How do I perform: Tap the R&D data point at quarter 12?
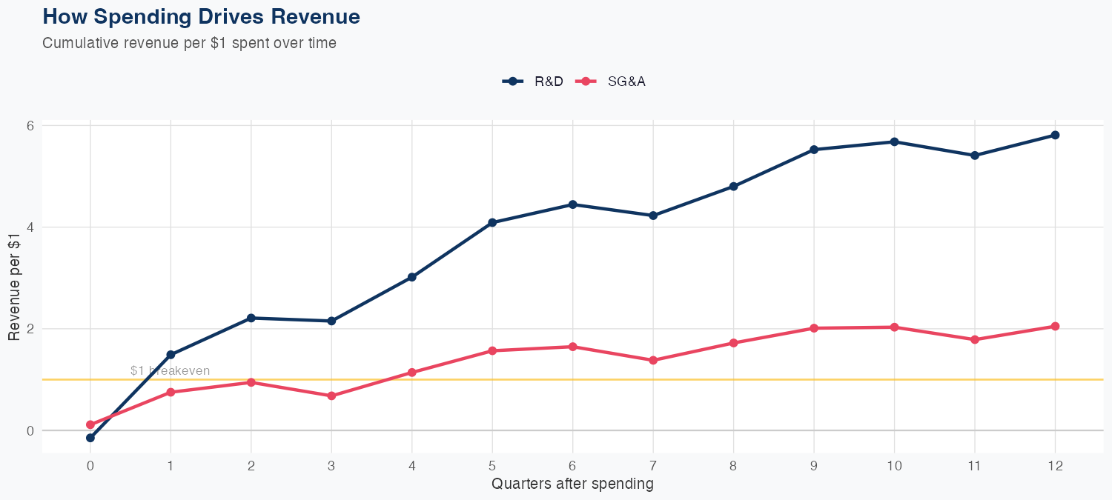pyautogui.click(x=1055, y=135)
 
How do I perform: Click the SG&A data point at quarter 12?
pyautogui.click(x=1055, y=326)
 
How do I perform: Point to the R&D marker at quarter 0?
pyautogui.click(x=90, y=438)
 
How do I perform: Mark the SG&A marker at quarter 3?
pyautogui.click(x=331, y=396)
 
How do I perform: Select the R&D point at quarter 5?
pyautogui.click(x=492, y=222)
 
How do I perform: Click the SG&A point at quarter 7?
pyautogui.click(x=653, y=360)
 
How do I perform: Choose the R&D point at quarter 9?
pyautogui.click(x=814, y=150)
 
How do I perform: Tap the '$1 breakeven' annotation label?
pyautogui.click(x=170, y=370)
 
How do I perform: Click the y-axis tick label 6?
pyautogui.click(x=31, y=125)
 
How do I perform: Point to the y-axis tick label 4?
pyautogui.click(x=31, y=227)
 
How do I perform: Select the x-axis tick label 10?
pyautogui.click(x=894, y=466)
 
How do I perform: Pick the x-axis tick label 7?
pyautogui.click(x=653, y=466)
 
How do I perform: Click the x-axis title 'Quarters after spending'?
pyautogui.click(x=572, y=484)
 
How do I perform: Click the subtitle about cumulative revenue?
pyautogui.click(x=189, y=43)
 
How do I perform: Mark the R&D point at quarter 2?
pyautogui.click(x=251, y=318)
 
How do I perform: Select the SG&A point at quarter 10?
pyautogui.click(x=894, y=327)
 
